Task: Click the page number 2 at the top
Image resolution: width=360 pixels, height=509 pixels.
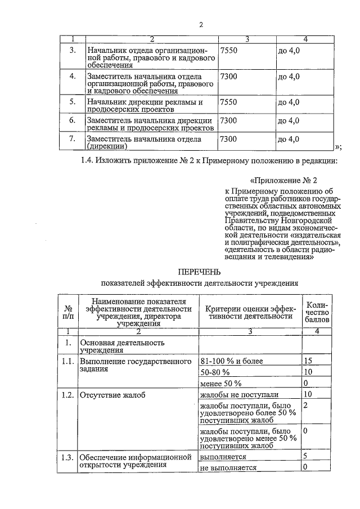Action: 200,24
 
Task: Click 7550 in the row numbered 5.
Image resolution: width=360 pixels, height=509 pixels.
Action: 229,102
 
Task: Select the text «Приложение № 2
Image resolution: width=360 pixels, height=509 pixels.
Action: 280,181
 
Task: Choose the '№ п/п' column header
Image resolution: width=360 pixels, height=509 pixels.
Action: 68,313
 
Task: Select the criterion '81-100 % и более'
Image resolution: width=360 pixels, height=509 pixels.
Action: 232,361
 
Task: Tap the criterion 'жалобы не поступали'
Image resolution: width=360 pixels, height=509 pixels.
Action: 239,395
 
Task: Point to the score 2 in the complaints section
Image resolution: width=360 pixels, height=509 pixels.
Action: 305,405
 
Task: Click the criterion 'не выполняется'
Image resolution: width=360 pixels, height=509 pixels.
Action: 228,467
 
